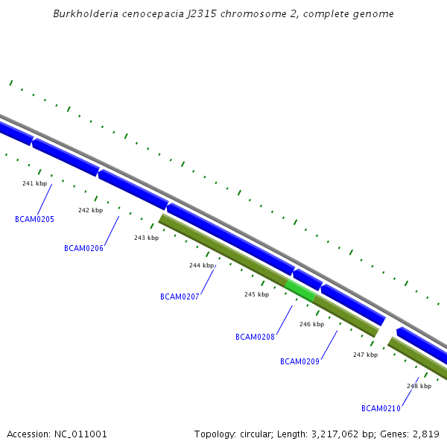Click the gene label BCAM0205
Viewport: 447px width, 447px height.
click(34, 219)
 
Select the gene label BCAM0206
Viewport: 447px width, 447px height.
click(83, 248)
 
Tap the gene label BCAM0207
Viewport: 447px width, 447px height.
click(180, 297)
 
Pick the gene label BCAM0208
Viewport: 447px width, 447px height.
click(255, 337)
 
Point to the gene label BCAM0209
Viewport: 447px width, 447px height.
click(299, 361)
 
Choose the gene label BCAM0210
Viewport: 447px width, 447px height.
click(381, 408)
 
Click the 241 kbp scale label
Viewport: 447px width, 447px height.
click(34, 183)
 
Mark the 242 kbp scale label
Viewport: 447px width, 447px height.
click(90, 210)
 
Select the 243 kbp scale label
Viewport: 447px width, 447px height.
click(146, 238)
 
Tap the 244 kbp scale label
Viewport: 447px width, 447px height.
click(201, 265)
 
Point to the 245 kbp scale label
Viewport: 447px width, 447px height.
click(256, 294)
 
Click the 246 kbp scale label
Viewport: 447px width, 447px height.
click(311, 324)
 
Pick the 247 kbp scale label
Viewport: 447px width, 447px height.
click(365, 355)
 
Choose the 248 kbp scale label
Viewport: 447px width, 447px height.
click(419, 386)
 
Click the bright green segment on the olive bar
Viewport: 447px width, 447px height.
click(300, 291)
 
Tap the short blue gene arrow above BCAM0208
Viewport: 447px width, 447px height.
click(308, 279)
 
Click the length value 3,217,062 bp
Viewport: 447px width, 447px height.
click(331, 434)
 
